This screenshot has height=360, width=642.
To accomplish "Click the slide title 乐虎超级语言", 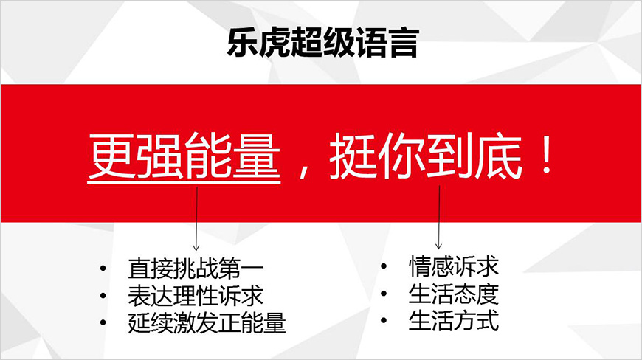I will pyautogui.click(x=322, y=44).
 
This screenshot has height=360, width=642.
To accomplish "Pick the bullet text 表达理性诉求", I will pyautogui.click(x=196, y=296).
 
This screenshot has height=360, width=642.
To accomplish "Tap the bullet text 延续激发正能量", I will pyautogui.click(x=207, y=323).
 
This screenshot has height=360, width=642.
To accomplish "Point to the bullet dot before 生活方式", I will pyautogui.click(x=384, y=322).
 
